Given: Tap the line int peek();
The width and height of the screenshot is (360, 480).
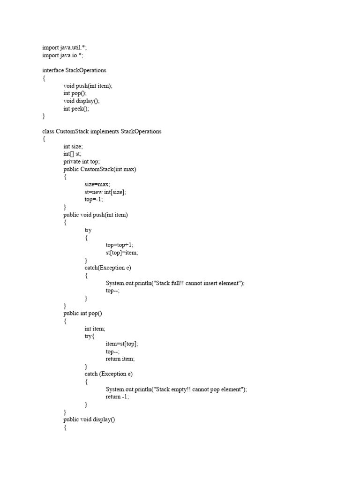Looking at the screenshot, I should tap(76, 108).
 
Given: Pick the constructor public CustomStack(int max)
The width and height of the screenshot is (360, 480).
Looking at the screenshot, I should tap(100, 169).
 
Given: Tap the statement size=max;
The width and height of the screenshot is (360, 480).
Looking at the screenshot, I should tap(97, 184).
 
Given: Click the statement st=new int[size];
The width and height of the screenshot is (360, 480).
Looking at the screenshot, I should tap(105, 192).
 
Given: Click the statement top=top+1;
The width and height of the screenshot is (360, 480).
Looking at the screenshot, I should tap(120, 245).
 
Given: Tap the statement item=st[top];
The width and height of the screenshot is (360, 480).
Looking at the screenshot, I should tap(122, 344).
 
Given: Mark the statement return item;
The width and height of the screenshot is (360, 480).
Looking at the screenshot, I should tap(120, 359).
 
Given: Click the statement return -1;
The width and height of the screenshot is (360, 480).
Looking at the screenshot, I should tap(117, 397).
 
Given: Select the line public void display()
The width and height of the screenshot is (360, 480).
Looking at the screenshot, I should tap(89, 420).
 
